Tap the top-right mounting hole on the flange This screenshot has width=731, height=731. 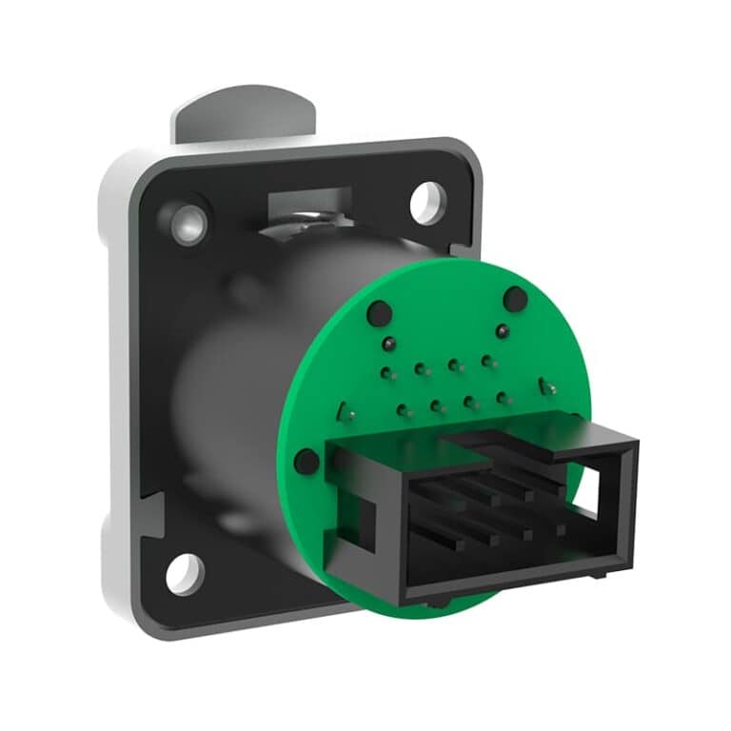427,202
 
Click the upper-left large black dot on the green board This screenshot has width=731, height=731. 378,311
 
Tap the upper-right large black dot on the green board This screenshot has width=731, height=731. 515,299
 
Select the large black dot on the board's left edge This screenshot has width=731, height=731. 306,462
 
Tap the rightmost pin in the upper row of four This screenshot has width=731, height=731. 487,361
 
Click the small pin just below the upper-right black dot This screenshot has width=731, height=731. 501,330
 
